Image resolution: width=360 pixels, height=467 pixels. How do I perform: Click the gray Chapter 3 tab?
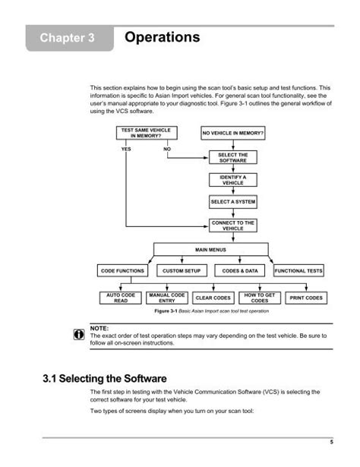[x=70, y=38]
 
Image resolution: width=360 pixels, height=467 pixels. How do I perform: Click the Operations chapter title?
[x=163, y=37]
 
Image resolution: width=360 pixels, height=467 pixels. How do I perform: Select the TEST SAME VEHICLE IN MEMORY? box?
[x=147, y=133]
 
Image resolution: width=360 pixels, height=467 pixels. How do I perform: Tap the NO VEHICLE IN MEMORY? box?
[x=233, y=133]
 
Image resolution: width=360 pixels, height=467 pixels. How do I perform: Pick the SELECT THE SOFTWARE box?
[x=233, y=157]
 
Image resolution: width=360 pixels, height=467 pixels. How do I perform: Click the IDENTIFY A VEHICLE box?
[x=233, y=180]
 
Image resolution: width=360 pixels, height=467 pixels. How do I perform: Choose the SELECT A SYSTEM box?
[x=233, y=202]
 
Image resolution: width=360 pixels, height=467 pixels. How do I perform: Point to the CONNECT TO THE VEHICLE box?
[x=233, y=226]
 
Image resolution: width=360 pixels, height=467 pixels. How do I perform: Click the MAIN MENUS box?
[x=211, y=250]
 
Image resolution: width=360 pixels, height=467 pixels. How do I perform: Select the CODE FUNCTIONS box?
[x=122, y=271]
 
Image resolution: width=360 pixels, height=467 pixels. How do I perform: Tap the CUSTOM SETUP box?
[x=182, y=271]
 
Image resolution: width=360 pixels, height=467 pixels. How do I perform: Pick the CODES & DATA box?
[x=240, y=271]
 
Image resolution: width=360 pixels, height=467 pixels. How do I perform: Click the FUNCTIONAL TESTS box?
[x=298, y=271]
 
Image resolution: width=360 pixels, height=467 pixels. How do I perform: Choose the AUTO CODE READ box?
[x=121, y=298]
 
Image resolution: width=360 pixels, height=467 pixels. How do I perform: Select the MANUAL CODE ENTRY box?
[x=167, y=298]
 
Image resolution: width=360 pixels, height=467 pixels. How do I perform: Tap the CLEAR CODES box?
[x=213, y=298]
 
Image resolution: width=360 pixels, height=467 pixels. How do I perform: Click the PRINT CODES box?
[x=306, y=298]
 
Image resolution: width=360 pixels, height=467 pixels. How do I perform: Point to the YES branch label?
[x=126, y=149]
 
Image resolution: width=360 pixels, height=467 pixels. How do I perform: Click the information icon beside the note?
[x=79, y=334]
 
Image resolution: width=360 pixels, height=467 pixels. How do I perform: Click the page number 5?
[x=331, y=442]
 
